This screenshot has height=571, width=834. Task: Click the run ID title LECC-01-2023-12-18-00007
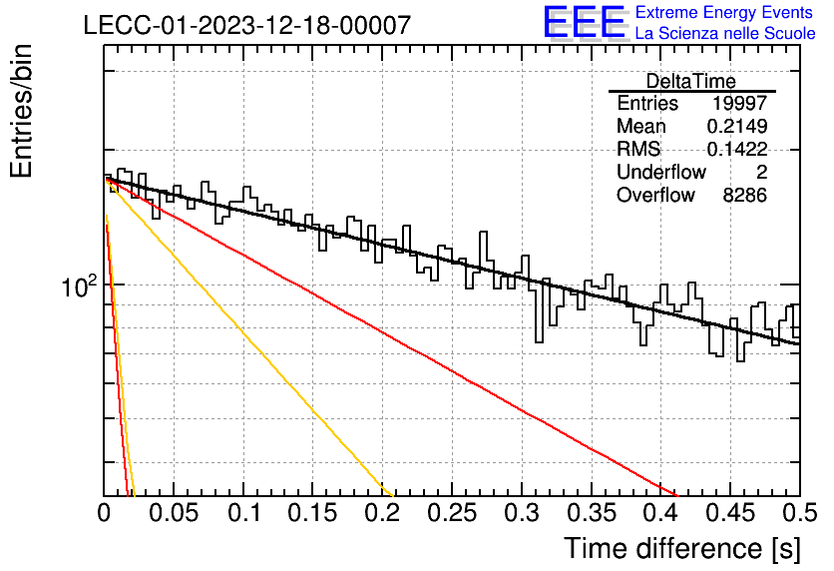pos(247,25)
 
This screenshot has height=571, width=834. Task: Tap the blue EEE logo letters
pos(584,22)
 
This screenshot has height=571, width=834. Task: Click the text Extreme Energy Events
pos(724,12)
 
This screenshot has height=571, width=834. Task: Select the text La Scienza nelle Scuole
pos(725,33)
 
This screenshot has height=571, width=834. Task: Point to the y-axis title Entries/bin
pos(21,111)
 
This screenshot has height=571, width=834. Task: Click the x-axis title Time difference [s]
pos(682,549)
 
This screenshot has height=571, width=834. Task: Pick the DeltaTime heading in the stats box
pos(691,81)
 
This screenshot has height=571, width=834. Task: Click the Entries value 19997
pos(740,103)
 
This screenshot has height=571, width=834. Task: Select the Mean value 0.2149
pos(737,126)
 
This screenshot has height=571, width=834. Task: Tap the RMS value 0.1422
pos(737,149)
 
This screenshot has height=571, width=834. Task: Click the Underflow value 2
pos(761,172)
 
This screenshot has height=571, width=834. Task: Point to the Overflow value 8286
pos(744,196)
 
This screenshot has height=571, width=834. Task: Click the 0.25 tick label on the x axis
pos(452,513)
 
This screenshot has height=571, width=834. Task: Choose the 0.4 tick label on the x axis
pos(661,513)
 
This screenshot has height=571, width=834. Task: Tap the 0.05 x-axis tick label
pos(174,513)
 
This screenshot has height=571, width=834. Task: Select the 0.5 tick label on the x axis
pos(800,513)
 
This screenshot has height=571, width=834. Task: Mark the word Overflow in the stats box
pos(655,196)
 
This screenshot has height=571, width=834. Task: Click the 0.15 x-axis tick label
pos(313,513)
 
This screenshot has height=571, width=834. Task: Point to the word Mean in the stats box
pos(640,126)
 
